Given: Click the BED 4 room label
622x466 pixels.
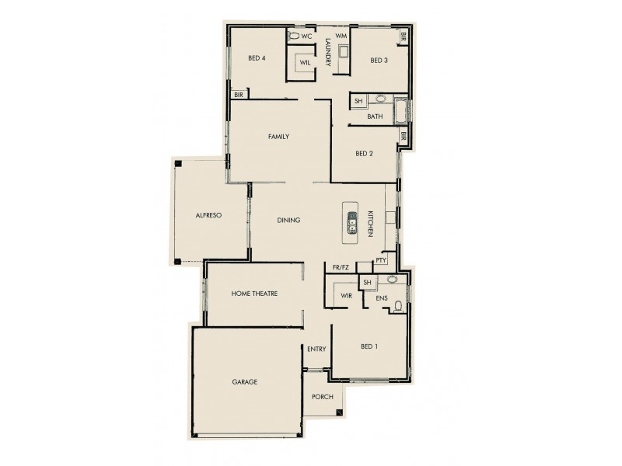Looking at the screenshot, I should click(x=257, y=58).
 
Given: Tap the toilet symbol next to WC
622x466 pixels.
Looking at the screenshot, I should click(x=294, y=36).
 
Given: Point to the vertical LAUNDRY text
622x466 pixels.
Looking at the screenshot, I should click(x=329, y=52).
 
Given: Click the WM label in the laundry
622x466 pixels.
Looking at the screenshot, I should click(x=341, y=36).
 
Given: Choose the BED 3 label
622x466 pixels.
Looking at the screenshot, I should click(x=379, y=61).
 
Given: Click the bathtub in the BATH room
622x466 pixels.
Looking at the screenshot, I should click(x=401, y=112).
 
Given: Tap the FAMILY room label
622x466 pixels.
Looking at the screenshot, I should click(x=278, y=137).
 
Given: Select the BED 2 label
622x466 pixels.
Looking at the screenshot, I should click(x=365, y=154).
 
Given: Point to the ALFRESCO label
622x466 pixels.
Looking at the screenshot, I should click(x=209, y=216).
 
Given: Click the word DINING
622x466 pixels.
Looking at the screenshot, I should click(x=288, y=221).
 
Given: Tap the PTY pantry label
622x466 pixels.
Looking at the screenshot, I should click(x=381, y=260).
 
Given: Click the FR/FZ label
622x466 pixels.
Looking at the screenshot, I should click(x=341, y=267).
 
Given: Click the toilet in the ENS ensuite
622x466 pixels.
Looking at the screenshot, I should click(x=398, y=306).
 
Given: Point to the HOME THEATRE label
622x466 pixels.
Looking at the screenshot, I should click(x=254, y=294).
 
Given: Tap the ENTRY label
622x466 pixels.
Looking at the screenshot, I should click(x=316, y=349).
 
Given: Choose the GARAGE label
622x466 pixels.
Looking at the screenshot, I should click(x=244, y=382).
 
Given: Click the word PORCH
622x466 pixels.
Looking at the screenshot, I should click(x=323, y=397).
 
